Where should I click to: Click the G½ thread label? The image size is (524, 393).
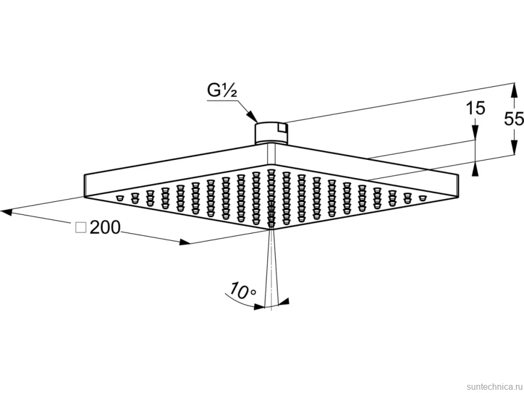pos(222,91)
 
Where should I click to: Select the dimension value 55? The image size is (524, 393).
pos(514,119)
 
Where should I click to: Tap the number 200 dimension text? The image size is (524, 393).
pos(105,228)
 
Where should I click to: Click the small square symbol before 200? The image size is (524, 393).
pos(81,228)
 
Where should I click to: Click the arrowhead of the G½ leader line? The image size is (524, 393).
pos(253,117)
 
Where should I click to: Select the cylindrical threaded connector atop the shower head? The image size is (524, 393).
pos(271,133)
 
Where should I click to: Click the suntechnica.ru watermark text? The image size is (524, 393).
pos(494,387)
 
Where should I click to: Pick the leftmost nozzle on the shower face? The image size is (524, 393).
pos(119,198)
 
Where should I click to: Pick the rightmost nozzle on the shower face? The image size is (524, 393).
pos(423,198)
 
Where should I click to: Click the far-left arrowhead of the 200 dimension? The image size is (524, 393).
pos(6,212)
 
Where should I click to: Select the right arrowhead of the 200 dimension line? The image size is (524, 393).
pos(185,242)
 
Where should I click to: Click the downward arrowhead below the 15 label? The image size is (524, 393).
pos(475,133)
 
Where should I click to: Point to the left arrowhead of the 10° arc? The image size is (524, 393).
pos(259,306)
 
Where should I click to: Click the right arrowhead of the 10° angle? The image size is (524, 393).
pos(284,302)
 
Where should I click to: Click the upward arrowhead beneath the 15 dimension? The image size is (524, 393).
pos(475,168)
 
